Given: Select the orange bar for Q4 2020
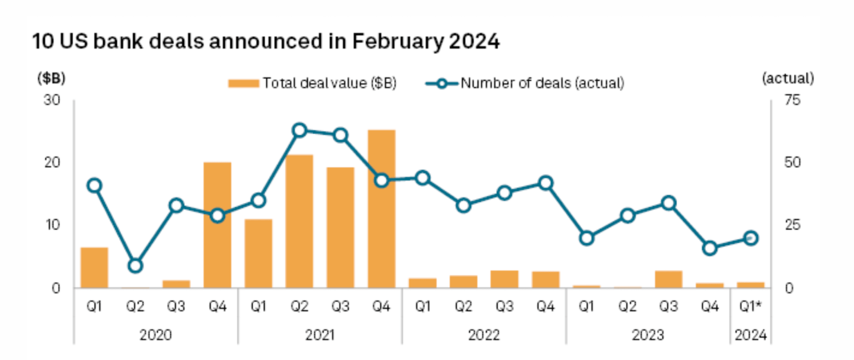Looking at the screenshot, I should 217,225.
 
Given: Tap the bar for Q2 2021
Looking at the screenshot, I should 299,221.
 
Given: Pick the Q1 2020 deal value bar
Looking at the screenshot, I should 94,267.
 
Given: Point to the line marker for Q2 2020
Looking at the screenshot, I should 135,266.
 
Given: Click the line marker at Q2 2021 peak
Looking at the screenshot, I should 299,130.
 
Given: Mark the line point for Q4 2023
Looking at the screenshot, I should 710,249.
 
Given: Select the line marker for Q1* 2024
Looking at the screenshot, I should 751,238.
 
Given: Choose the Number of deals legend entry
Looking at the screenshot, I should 525,84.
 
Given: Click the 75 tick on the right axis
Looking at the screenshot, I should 792,101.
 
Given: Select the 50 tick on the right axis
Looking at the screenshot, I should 792,163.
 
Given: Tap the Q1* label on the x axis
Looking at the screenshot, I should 751,307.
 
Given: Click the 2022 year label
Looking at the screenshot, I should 484,335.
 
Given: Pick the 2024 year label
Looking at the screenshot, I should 751,335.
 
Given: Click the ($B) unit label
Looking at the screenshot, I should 52,78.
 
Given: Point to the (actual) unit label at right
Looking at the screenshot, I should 788,78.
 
